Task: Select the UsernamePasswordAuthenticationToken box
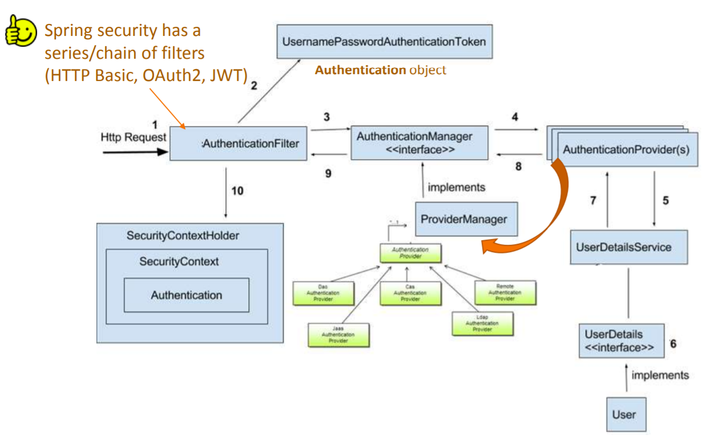(384, 42)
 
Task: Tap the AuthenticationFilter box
(239, 144)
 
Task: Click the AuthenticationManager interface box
(419, 143)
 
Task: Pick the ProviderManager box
(466, 219)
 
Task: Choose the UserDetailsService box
(629, 248)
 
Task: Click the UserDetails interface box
(621, 341)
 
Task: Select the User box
(626, 414)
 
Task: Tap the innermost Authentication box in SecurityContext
(187, 295)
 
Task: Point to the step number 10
(237, 191)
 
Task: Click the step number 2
(254, 87)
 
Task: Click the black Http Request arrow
(136, 152)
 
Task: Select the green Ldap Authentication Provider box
(482, 323)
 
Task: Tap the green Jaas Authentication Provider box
(338, 335)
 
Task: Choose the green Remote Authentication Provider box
(505, 292)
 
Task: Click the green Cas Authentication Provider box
(410, 293)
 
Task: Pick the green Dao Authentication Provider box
(324, 293)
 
